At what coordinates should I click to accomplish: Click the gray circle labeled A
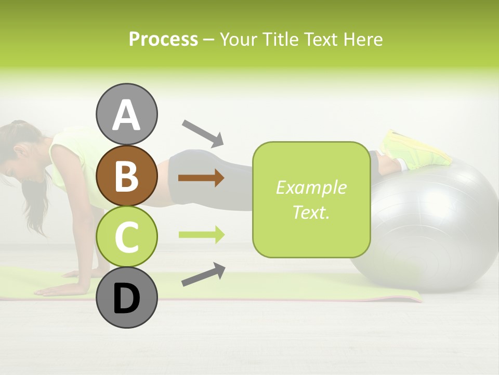pos(126,115)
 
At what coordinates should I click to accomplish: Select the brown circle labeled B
pos(126,176)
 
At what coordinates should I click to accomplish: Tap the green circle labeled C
pos(126,237)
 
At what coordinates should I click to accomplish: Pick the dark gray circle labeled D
pos(126,298)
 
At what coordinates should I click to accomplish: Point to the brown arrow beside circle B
pos(201,178)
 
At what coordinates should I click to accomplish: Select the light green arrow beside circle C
pos(202,235)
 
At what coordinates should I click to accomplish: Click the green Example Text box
pos(311,199)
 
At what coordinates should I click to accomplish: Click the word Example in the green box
pos(311,187)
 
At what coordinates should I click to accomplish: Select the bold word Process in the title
pos(163,39)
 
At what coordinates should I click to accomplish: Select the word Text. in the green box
pos(311,212)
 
